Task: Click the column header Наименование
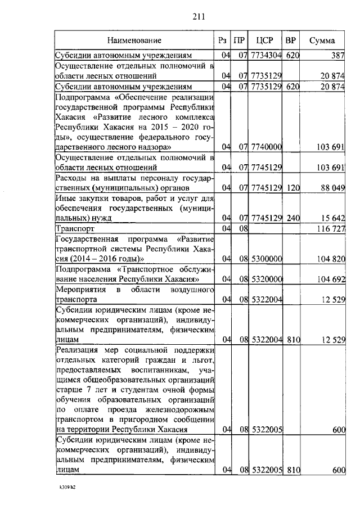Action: [134, 40]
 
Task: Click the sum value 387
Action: [337, 56]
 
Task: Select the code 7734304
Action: [265, 56]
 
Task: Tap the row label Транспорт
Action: [74, 229]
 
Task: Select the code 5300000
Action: [265, 259]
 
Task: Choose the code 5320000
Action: [265, 279]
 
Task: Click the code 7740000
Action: [265, 147]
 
